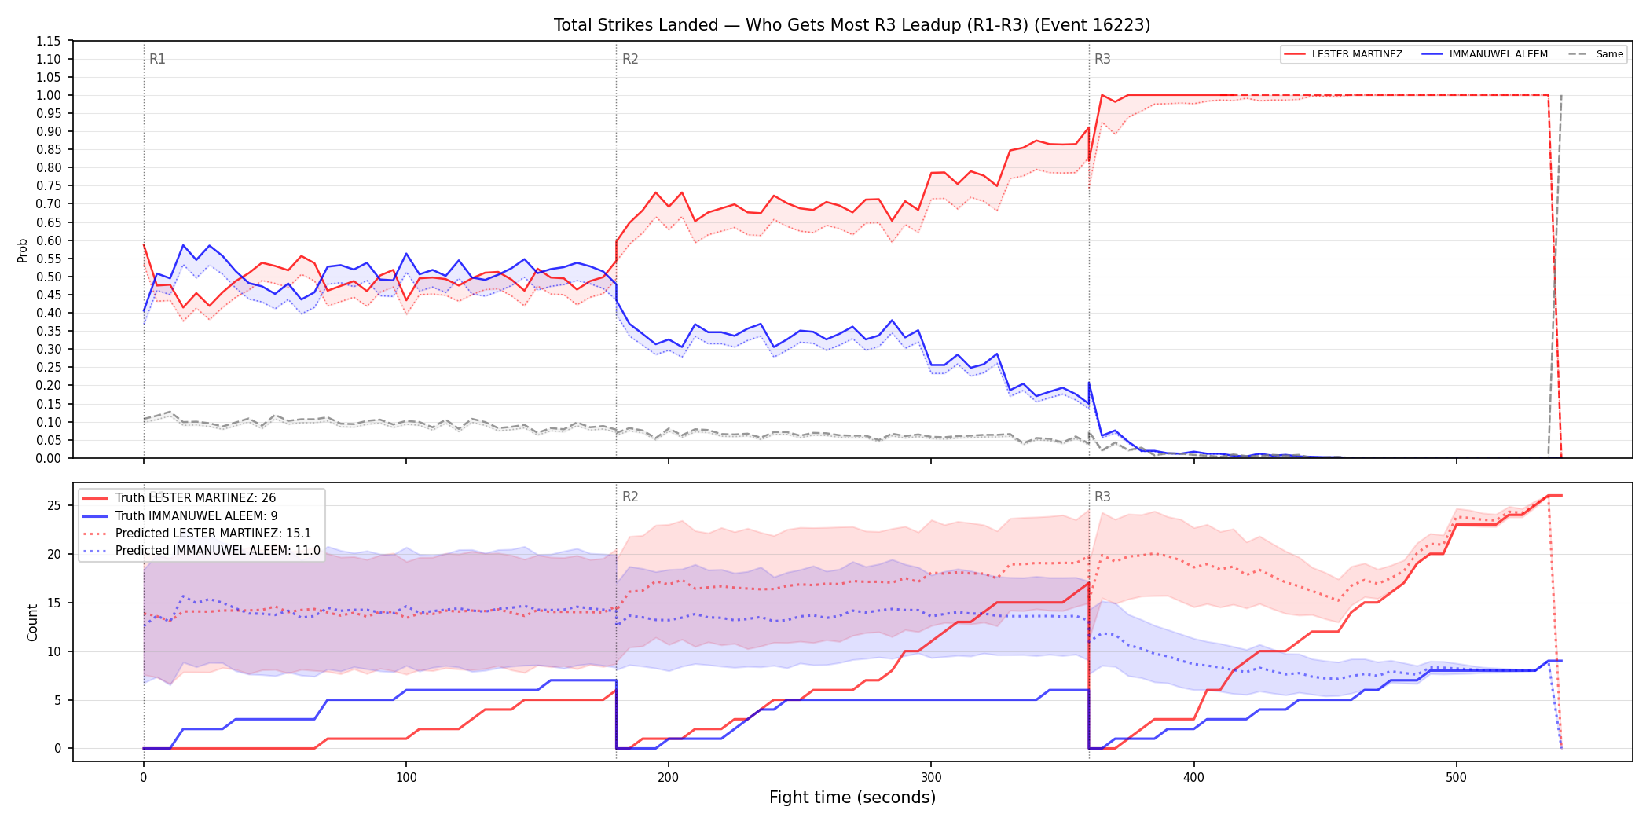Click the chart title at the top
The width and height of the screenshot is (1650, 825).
852,25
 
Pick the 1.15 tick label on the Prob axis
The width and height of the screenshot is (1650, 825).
49,41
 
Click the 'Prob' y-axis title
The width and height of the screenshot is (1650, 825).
23,250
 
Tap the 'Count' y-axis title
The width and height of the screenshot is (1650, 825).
32,622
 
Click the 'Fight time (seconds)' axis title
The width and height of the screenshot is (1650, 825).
852,797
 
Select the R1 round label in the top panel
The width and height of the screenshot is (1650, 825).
157,59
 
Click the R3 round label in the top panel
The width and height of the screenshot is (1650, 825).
1102,59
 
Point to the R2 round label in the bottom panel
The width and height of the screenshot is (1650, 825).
630,497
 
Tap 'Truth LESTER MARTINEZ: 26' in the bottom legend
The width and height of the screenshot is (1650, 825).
196,498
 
